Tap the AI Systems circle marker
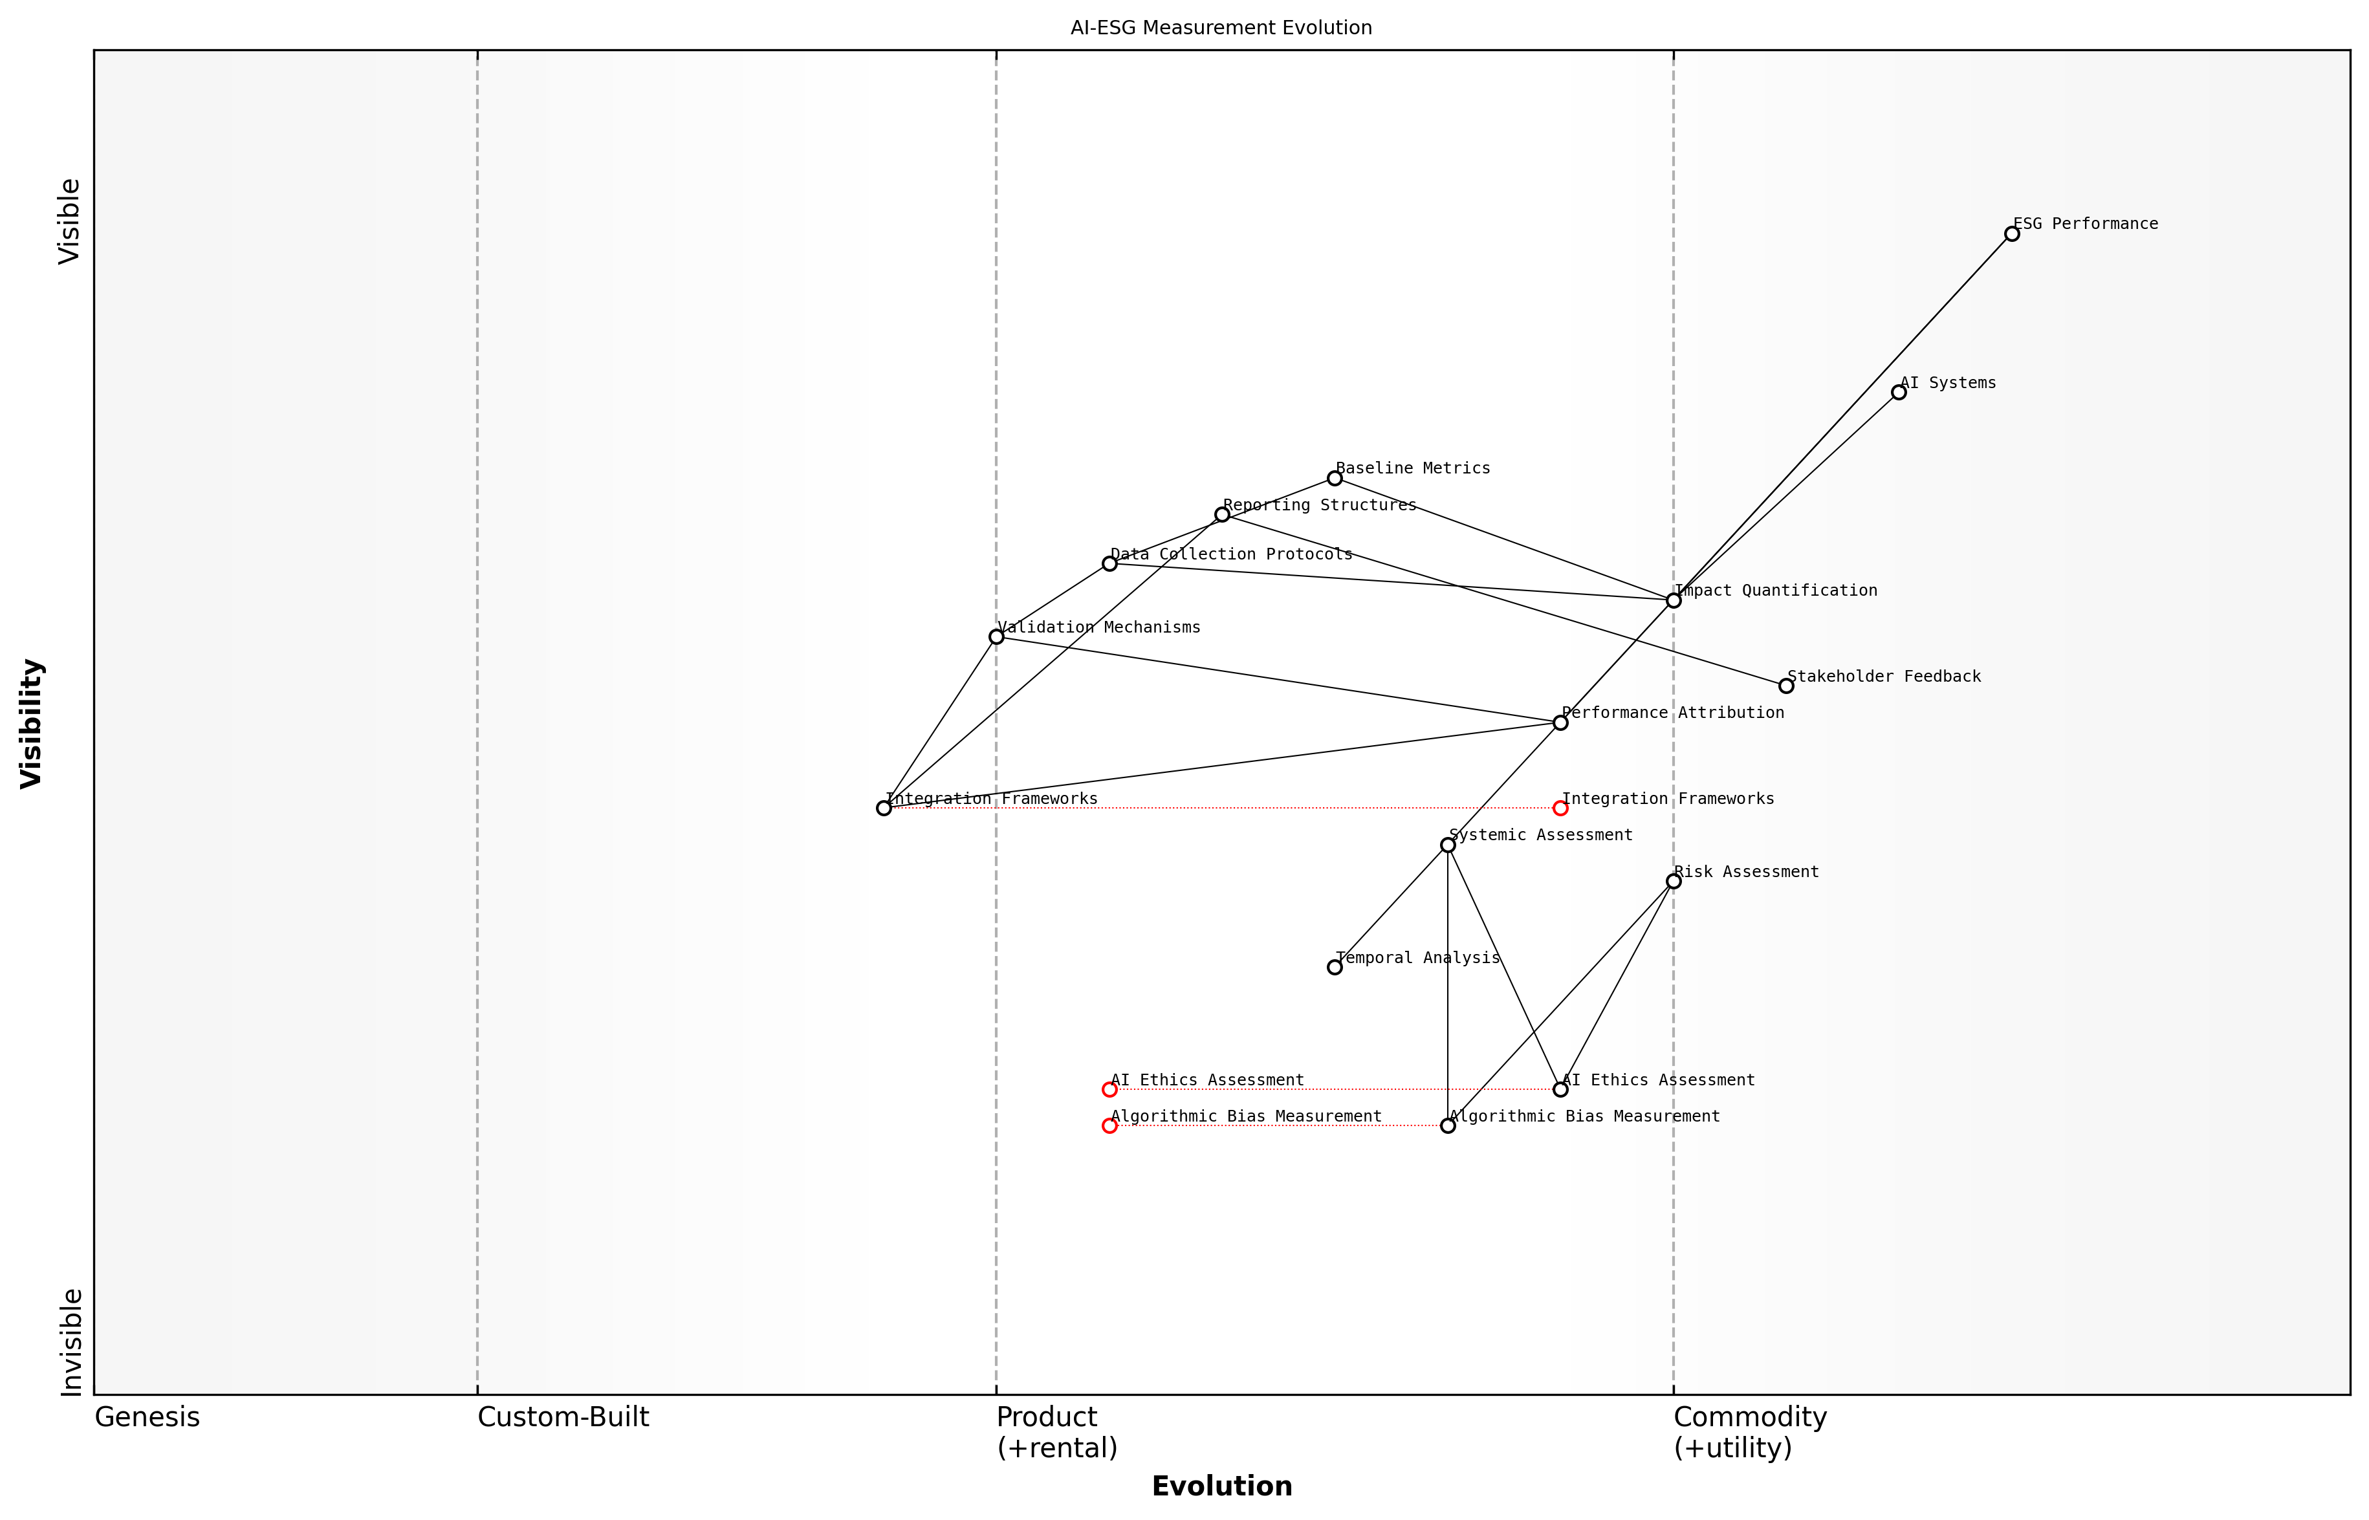[x=1898, y=393]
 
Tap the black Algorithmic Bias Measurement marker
[x=1448, y=1126]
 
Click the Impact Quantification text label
[x=1776, y=591]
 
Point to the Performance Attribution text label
[x=1672, y=713]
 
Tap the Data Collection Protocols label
[x=1231, y=554]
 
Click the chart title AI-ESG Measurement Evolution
[x=1221, y=28]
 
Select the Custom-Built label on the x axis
[x=563, y=1417]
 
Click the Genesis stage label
[x=147, y=1417]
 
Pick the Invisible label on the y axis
[x=71, y=1342]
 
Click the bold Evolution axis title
[x=1221, y=1486]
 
